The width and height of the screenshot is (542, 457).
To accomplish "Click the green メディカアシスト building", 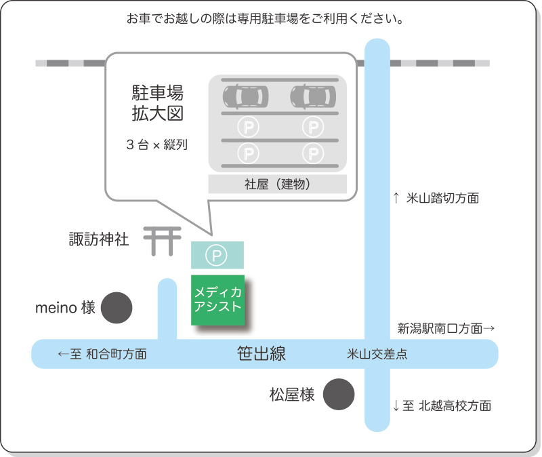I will coord(217,300).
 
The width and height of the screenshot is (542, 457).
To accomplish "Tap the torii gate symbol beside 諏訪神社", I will coord(163,241).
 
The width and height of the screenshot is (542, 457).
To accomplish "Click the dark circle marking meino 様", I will coord(117,309).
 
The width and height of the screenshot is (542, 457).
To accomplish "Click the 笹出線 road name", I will coord(262,353).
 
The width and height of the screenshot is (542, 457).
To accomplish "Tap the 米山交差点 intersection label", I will coord(377,354).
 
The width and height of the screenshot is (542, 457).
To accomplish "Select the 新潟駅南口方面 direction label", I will coord(446,329).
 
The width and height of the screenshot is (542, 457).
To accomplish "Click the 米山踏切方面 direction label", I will coord(436,199).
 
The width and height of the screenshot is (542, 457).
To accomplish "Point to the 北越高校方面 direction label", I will coord(442,406).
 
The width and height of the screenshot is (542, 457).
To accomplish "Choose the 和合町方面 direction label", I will coord(102,354).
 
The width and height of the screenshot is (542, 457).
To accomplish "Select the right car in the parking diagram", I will coord(313,96).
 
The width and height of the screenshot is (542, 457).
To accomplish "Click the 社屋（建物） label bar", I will coord(277,184).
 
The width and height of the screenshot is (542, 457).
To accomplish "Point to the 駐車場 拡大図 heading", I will coord(157,102).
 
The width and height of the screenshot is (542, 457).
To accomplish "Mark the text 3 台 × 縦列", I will coord(157,144).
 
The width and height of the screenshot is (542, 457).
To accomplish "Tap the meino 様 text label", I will coord(65,309).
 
